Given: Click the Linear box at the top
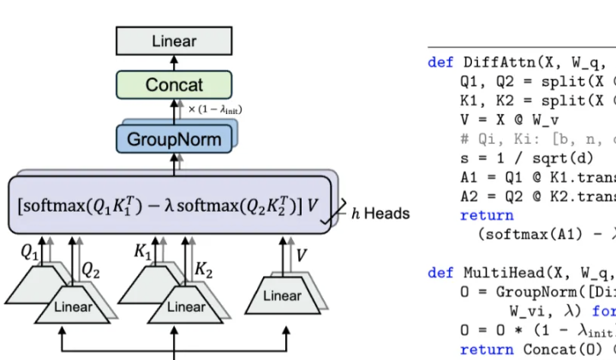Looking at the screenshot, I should point(175,41).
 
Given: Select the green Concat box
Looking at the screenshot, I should point(175,86).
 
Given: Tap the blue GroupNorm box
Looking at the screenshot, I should point(174,139).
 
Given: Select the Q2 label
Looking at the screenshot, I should point(91,268).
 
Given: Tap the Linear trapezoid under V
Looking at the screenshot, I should point(282,297).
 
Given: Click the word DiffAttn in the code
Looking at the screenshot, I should point(493,63).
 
